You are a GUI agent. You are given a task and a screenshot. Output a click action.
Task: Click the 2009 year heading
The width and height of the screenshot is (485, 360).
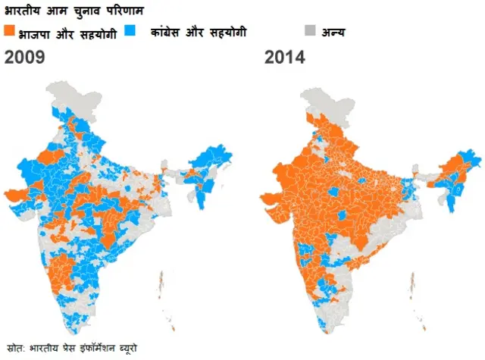(24, 57)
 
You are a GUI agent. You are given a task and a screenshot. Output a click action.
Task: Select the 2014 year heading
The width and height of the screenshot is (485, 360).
(284, 57)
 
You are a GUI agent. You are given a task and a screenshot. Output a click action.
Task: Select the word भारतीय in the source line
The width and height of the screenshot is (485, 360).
(44, 348)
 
